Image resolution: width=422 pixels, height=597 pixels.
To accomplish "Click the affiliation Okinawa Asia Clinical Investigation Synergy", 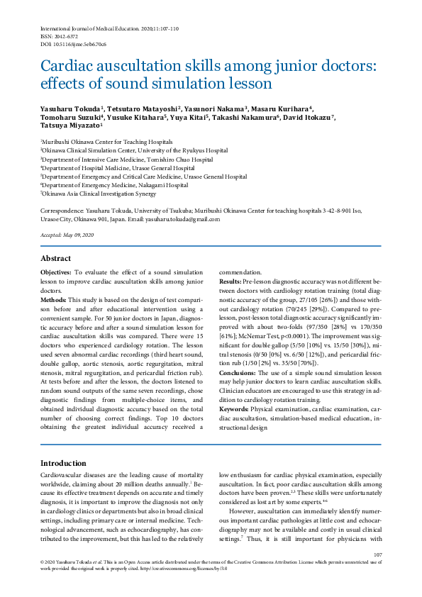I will tap(99, 193).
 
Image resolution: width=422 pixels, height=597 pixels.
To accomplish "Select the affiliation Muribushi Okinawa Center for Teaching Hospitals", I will tap(107, 142).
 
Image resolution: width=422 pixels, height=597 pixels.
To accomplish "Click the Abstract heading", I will tap(56, 259).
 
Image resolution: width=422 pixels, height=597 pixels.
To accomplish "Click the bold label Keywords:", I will tap(234, 411).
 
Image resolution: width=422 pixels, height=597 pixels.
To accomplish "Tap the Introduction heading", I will tap(63, 463).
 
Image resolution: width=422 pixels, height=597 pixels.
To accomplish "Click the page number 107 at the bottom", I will tap(377, 554).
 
